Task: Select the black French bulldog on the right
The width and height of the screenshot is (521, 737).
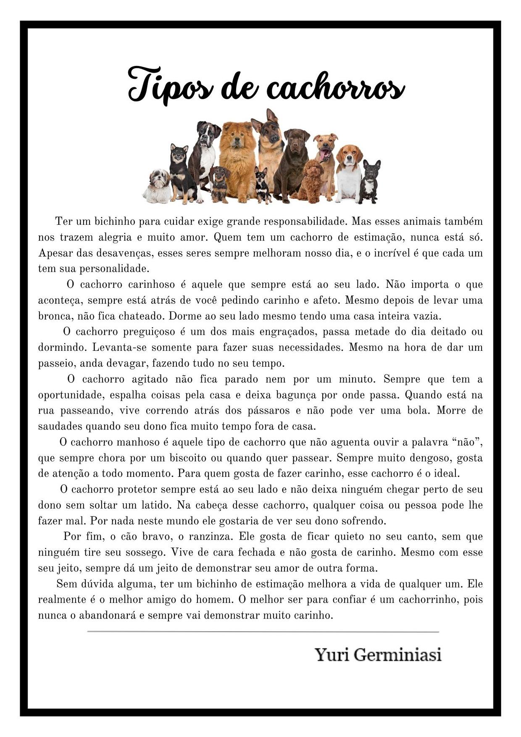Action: pyautogui.click(x=369, y=182)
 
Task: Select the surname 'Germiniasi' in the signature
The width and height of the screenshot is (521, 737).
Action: pyautogui.click(x=397, y=655)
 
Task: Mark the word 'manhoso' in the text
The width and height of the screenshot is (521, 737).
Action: pyautogui.click(x=138, y=442)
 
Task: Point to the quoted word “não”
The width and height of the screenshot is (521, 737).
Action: pyautogui.click(x=466, y=442)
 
